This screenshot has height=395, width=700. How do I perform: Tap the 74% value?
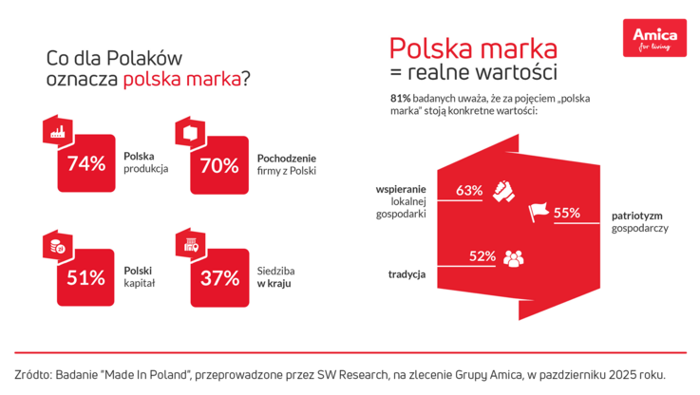pos(85,163)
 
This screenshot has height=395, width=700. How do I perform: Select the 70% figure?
pos(218,164)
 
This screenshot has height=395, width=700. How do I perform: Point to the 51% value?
pos(85,277)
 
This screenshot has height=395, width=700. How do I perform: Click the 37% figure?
pos(218,277)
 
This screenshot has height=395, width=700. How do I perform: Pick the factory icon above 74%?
pos(56,131)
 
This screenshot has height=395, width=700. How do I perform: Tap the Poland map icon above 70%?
pos(189,131)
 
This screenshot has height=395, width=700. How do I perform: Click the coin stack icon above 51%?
pos(57,245)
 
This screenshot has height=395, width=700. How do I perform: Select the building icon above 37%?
pos(190,245)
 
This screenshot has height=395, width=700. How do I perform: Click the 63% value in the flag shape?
pos(469,190)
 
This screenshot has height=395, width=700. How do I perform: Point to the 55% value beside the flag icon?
pos(567,213)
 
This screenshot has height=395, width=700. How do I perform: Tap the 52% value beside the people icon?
pos(482,255)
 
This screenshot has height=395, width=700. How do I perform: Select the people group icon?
pos(513,256)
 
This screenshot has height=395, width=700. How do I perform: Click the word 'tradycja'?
pos(406,274)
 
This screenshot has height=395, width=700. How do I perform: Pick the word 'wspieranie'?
pos(402,190)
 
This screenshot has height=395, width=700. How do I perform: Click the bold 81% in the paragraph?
pos(400,98)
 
